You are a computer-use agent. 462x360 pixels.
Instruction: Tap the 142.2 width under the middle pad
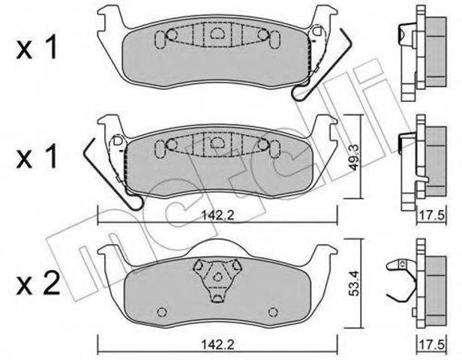[x=217, y=216]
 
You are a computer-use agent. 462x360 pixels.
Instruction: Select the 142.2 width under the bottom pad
[x=217, y=344]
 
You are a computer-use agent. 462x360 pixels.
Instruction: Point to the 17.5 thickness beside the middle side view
[x=433, y=215]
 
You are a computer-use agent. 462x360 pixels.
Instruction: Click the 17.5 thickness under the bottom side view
[x=433, y=344]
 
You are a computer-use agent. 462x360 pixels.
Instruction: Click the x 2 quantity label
[x=38, y=283]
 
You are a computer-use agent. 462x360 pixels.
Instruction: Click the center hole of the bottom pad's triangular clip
[x=217, y=277]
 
